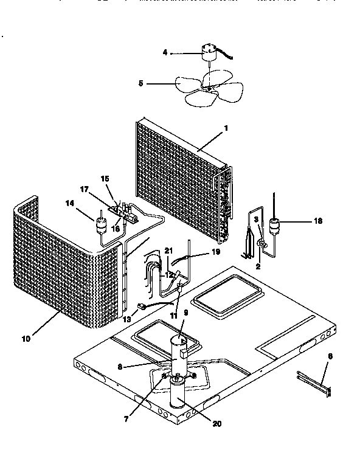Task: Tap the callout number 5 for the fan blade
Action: (x=140, y=84)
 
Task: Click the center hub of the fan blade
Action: (x=209, y=88)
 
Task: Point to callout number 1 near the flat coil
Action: (x=226, y=128)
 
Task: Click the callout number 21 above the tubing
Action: (x=168, y=251)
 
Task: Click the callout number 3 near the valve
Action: (x=256, y=219)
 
